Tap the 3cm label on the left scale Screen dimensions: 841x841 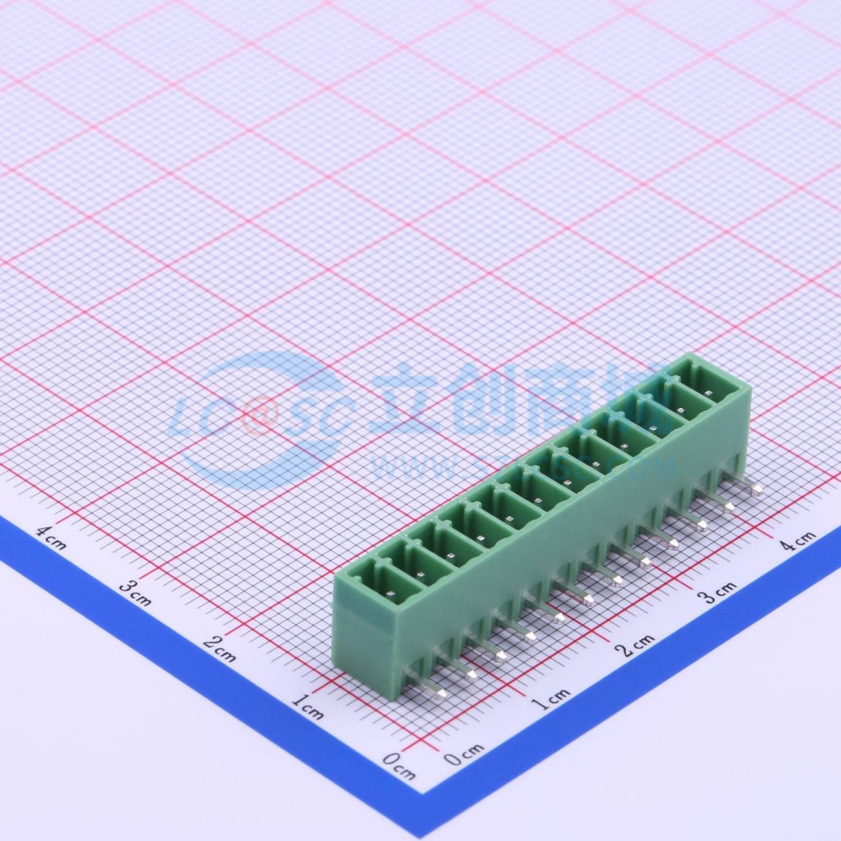[x=135, y=592]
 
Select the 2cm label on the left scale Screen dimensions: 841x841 [x=219, y=649]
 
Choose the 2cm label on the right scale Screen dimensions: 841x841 [x=637, y=643]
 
